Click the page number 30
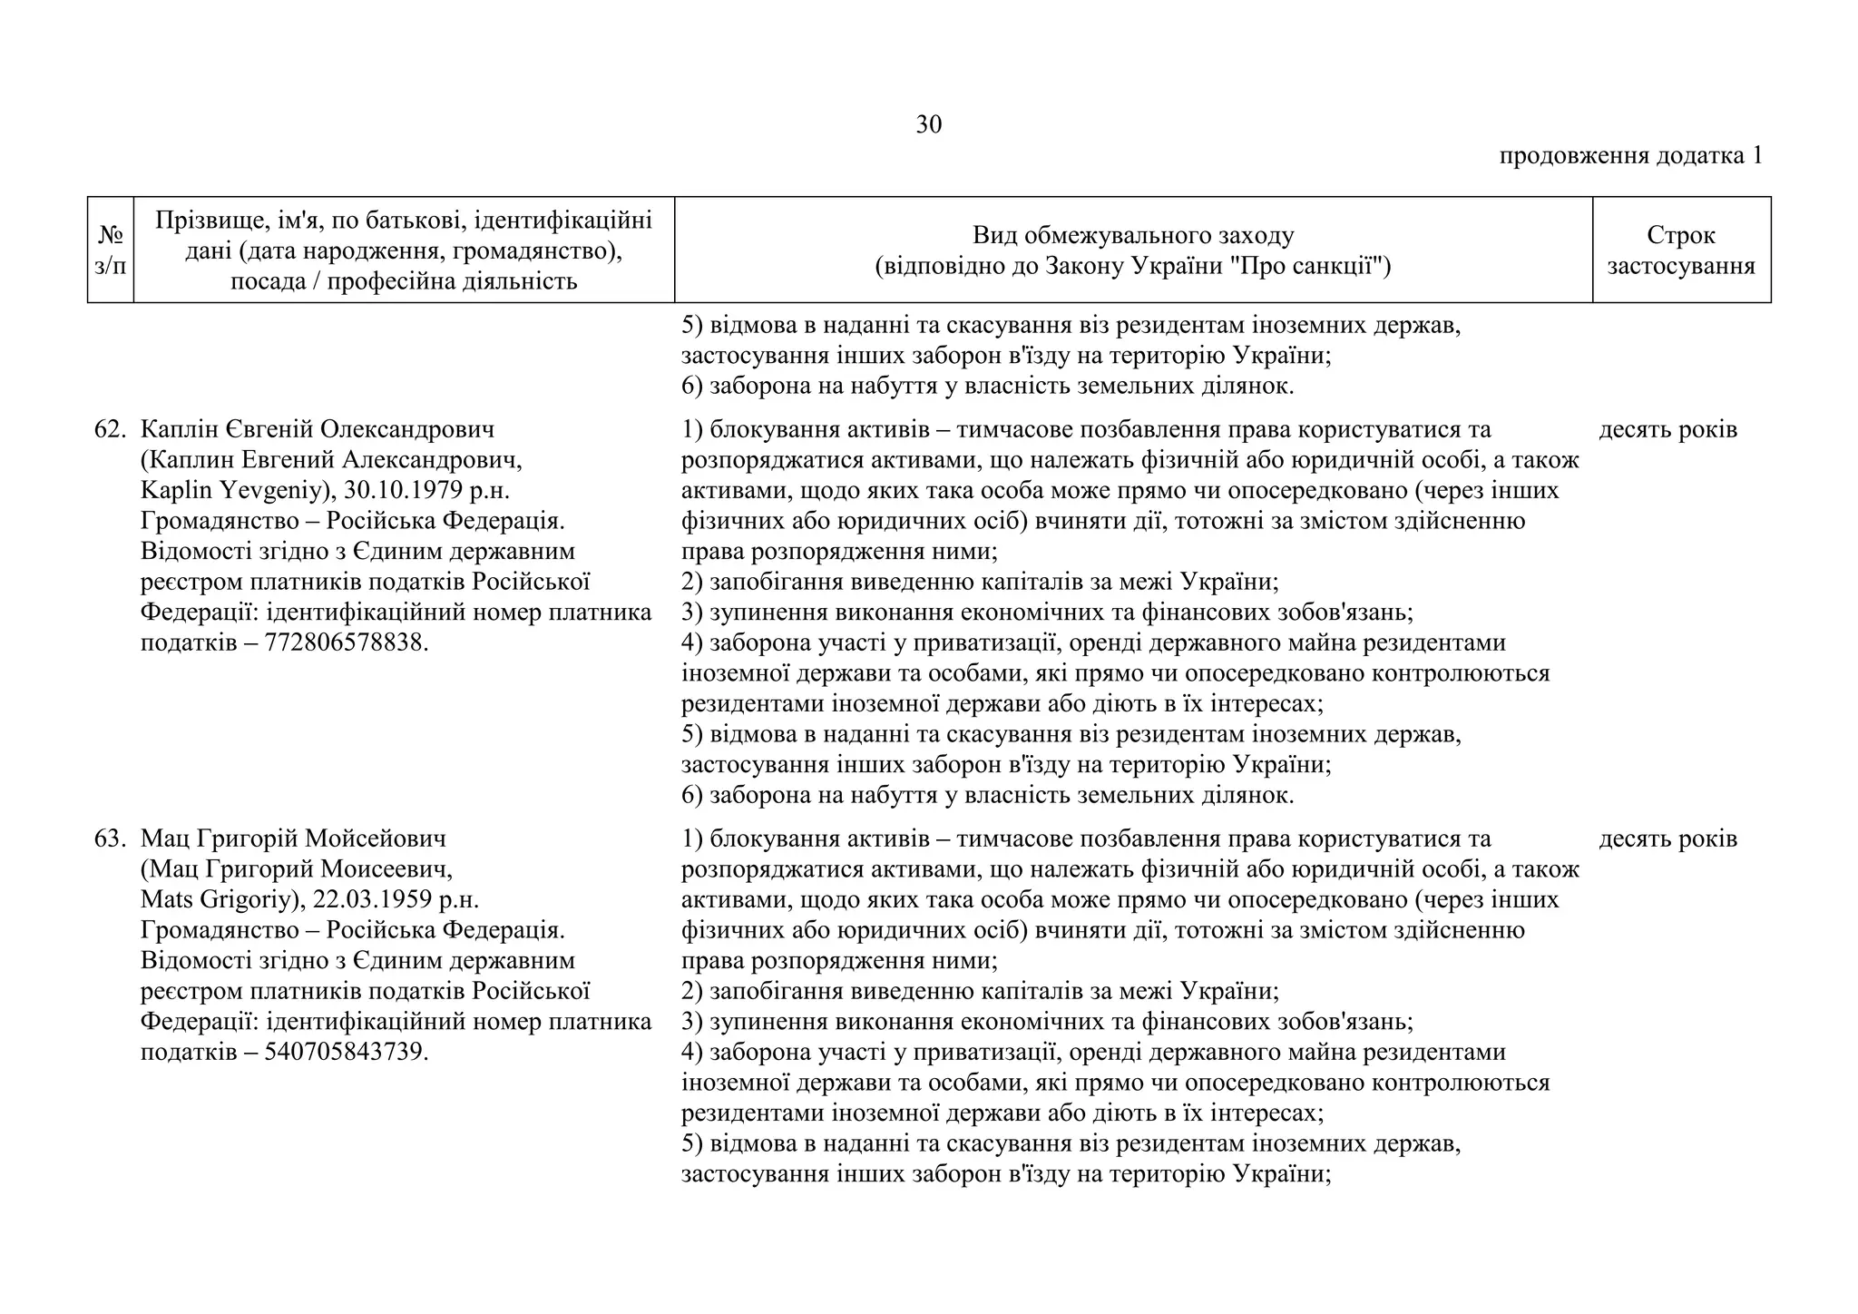[x=928, y=124]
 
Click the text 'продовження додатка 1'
[x=1630, y=155]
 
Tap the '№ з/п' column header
[x=110, y=250]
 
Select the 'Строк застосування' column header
[x=1680, y=250]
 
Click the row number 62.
[x=109, y=429]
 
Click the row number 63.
[x=109, y=838]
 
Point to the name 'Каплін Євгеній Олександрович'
[x=318, y=429]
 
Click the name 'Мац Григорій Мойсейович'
[x=293, y=838]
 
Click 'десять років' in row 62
[x=1667, y=429]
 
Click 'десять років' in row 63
[x=1667, y=838]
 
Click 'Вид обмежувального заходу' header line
[x=1132, y=236]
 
